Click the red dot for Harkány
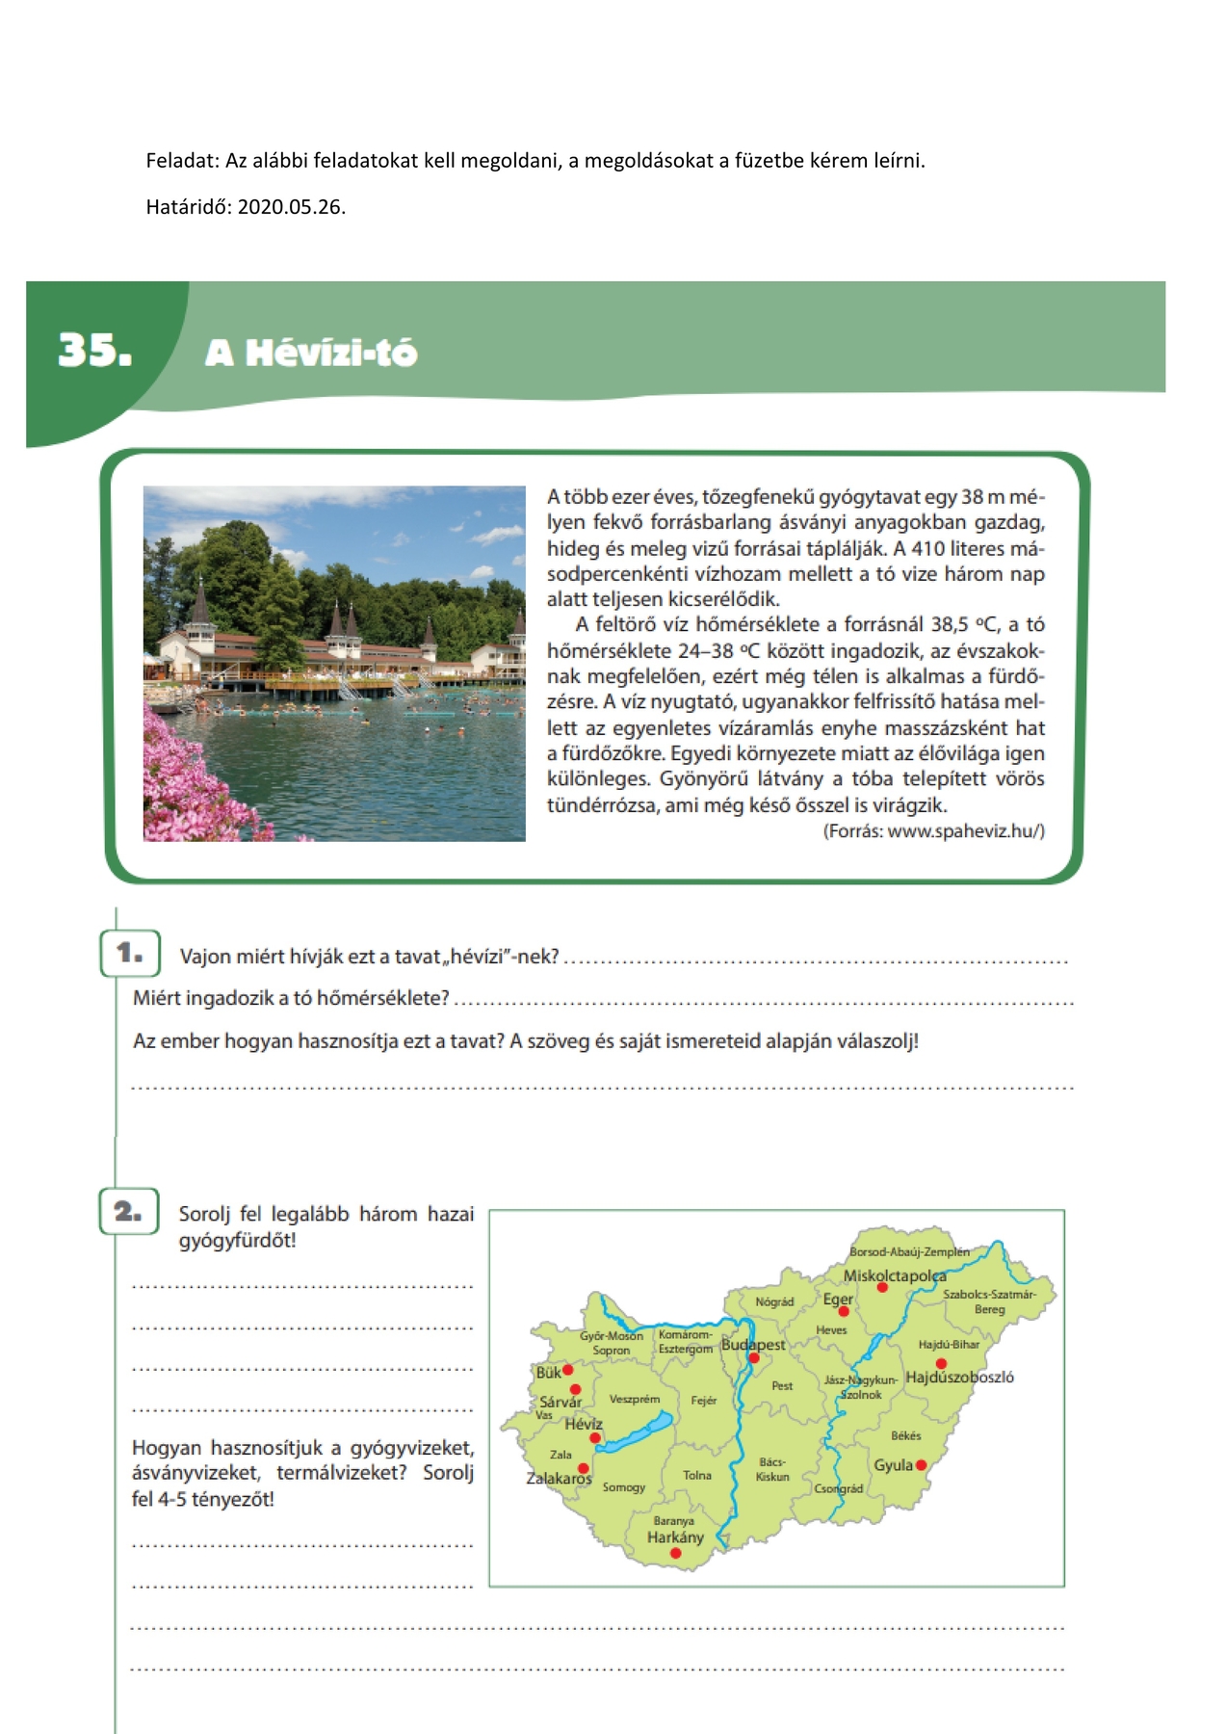tap(675, 1553)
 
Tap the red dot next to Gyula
tap(921, 1465)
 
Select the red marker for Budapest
tap(754, 1358)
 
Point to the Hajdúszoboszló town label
tap(959, 1378)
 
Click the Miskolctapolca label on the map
tap(894, 1275)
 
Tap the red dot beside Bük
tap(568, 1369)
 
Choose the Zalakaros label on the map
tap(559, 1478)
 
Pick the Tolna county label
tap(697, 1475)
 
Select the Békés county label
tap(905, 1435)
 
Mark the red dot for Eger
tap(844, 1311)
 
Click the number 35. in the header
tap(94, 351)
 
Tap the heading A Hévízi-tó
tap(311, 354)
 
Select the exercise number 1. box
tap(130, 954)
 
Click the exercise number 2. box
tap(129, 1212)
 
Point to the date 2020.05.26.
tap(291, 206)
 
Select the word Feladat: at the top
tap(182, 161)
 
